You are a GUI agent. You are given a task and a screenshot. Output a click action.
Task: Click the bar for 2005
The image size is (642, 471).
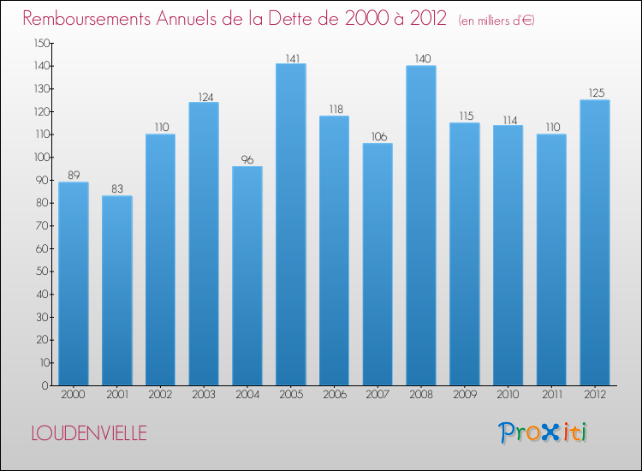pos(291,224)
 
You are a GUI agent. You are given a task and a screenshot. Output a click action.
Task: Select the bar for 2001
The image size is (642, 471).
pos(117,290)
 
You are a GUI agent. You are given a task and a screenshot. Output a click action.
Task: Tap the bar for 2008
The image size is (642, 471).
pos(421,225)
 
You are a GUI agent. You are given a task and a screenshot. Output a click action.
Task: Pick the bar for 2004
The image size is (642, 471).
pos(247,276)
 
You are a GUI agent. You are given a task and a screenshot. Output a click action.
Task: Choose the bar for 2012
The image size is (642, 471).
pos(595,242)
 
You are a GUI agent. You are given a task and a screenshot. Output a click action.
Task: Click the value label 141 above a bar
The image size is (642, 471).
pos(291,58)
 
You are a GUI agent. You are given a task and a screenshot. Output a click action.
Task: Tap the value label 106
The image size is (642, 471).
pos(377,138)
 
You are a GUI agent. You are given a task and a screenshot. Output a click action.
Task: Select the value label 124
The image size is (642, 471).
pos(204,97)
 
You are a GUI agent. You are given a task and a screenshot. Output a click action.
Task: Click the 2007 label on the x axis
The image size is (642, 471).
pos(377,395)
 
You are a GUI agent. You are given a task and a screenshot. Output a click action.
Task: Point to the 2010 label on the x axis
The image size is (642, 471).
pos(508,395)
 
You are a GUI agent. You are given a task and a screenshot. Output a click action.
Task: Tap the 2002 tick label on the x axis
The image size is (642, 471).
pos(161,395)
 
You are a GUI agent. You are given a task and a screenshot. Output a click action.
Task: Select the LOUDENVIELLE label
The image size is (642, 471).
pos(89,433)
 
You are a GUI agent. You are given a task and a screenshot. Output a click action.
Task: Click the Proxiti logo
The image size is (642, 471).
pos(542,432)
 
